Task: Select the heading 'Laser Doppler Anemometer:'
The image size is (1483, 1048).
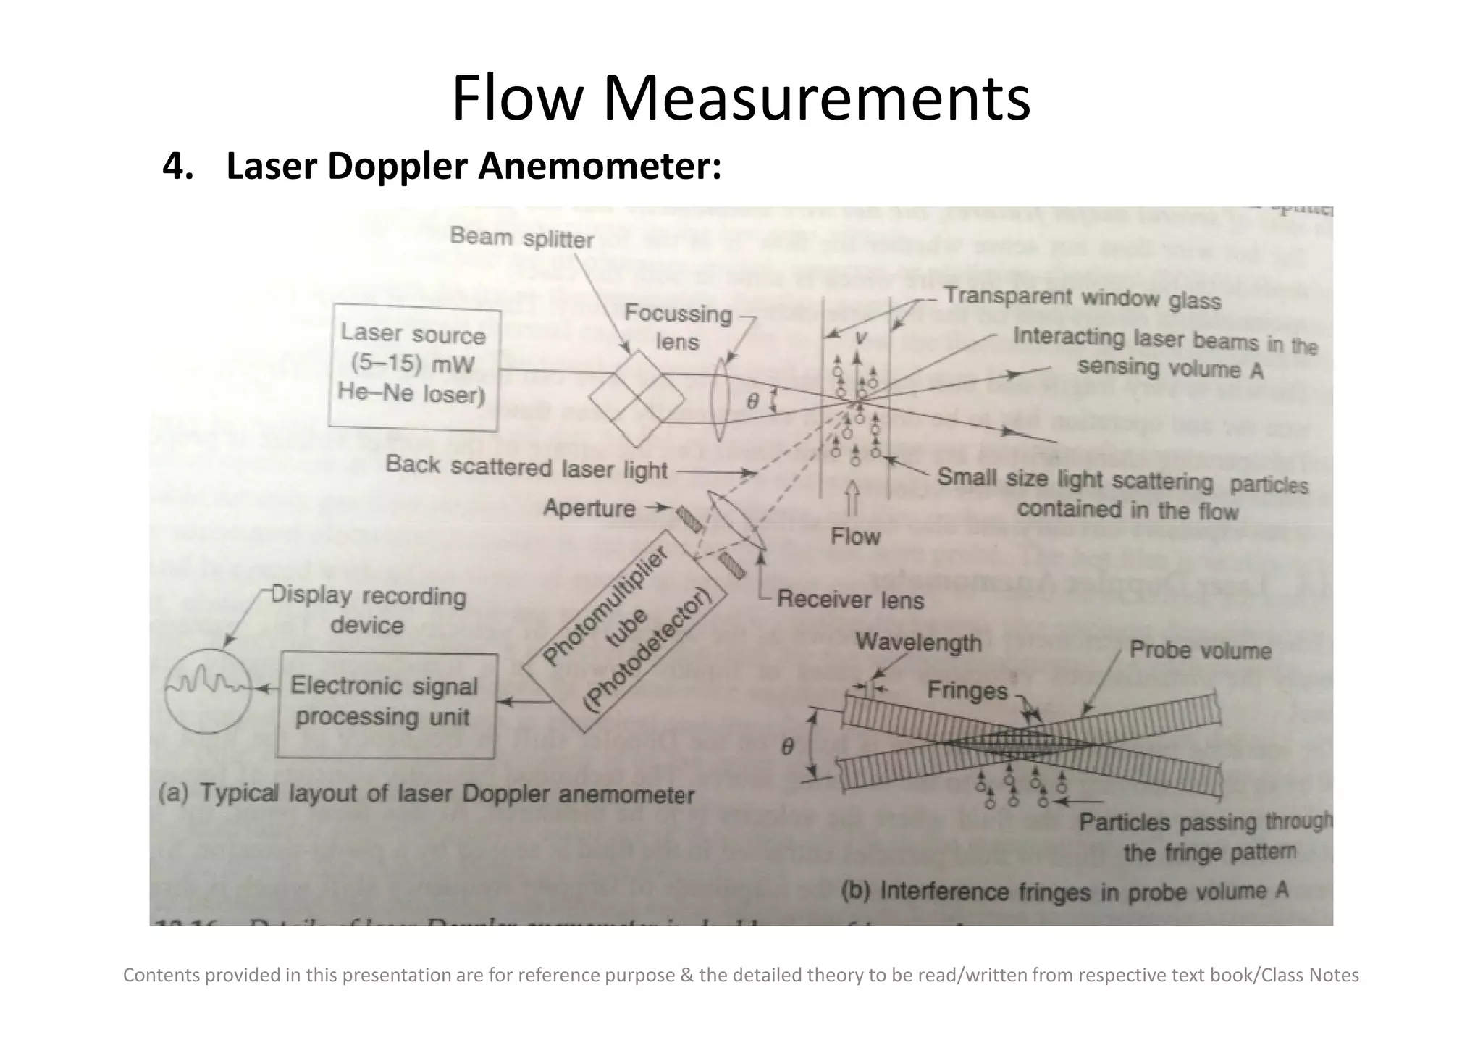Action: coord(442,166)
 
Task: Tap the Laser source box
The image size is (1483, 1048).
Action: coord(413,369)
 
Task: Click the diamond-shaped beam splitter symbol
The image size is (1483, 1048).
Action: coord(637,399)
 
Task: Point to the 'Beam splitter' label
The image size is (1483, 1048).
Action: coord(521,238)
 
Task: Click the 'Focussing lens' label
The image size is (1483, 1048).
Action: coord(678,327)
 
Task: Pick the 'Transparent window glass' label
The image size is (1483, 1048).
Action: coord(1082,298)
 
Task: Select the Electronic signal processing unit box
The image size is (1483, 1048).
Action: coord(385,704)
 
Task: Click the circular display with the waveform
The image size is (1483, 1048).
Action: coord(208,688)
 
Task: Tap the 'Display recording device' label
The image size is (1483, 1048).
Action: coord(369,610)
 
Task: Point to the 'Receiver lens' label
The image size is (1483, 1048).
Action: coord(850,600)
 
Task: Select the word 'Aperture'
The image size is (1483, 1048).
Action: coord(589,508)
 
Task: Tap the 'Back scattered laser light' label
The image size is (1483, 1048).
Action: coord(526,467)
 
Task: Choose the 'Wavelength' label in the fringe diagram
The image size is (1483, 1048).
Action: coord(918,642)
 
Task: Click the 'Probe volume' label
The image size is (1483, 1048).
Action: coord(1200,650)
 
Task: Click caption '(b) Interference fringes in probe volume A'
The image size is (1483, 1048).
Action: coord(1064,890)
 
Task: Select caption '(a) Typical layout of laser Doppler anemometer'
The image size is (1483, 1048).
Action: coord(426,794)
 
